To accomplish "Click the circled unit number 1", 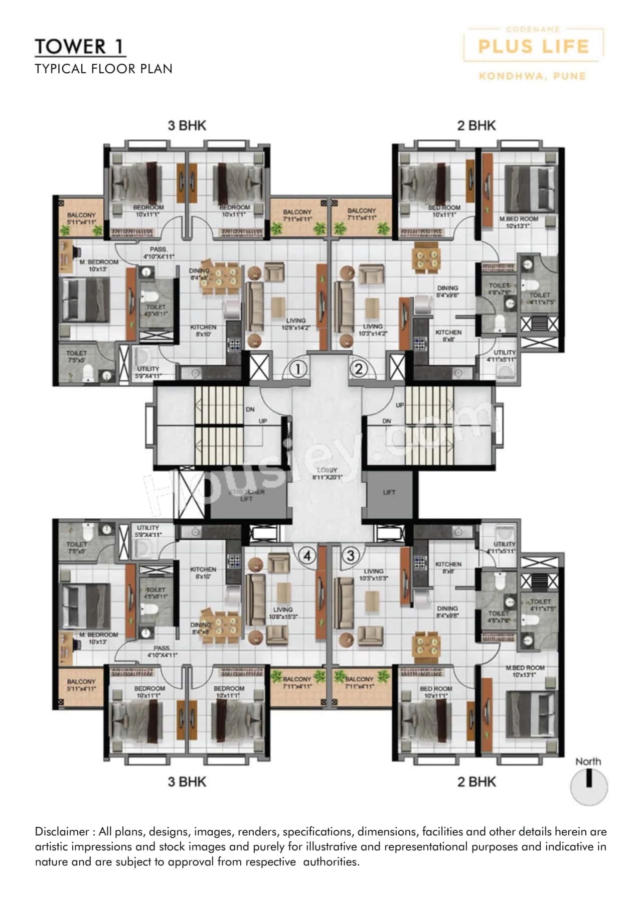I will coord(298,369).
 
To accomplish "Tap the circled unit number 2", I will coord(359,369).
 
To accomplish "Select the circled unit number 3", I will coord(351,555).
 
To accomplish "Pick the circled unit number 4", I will coord(307,555).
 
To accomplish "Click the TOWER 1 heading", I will coord(79,47).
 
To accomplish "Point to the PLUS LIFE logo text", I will coord(533,47).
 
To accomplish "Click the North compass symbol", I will coord(589,787).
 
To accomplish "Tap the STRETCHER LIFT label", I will coord(246,495).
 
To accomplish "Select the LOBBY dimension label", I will coord(327,474).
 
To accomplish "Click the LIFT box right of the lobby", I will coord(389,492).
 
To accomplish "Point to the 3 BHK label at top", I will coord(187,125).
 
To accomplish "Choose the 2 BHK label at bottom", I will coord(476,782).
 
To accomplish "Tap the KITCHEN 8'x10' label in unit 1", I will coord(203,330).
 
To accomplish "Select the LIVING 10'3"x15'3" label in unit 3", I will coord(373,574).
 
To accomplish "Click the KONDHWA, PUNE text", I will coord(532,76).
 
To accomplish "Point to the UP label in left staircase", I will coord(262,421).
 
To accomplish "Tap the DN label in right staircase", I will coord(386,421).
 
